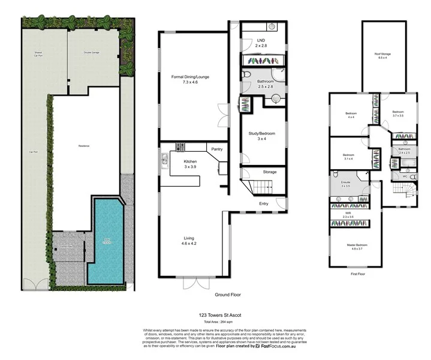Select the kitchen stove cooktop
click(x=181, y=147)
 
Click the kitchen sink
click(x=164, y=159)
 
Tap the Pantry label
click(x=216, y=148)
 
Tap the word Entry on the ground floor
click(x=264, y=203)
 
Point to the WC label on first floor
click(x=405, y=176)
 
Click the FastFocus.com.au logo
click(x=277, y=346)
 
